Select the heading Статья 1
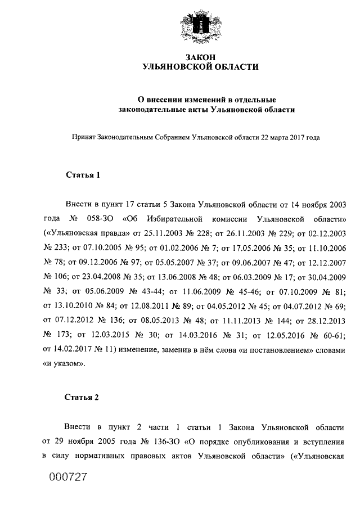83,174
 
